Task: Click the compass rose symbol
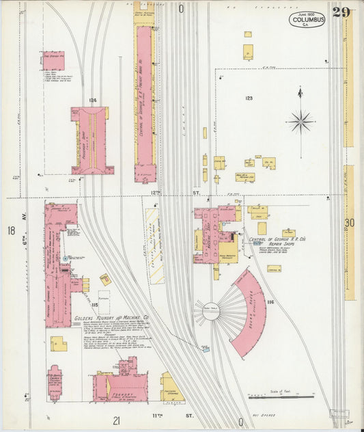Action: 300,121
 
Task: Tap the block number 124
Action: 92,100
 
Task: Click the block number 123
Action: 249,99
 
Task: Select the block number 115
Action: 94,285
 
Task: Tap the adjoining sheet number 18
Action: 11,231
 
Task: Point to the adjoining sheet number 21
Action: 117,420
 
